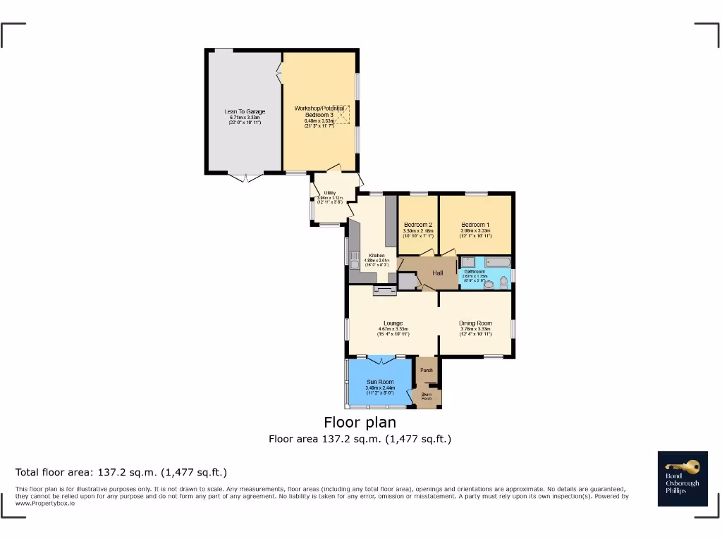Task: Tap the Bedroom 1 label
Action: tap(475, 225)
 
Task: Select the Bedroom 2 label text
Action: tap(417, 225)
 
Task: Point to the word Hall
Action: tap(438, 273)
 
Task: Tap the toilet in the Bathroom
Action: tap(503, 282)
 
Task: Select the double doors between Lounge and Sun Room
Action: tap(381, 360)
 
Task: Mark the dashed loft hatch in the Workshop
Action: tap(342, 114)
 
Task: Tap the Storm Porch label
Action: tap(426, 397)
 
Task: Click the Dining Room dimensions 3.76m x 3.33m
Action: tap(475, 329)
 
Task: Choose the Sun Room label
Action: tap(379, 382)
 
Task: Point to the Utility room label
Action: tap(329, 192)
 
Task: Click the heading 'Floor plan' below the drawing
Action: tap(360, 422)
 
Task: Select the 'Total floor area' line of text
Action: tap(121, 472)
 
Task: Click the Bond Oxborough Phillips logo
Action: tap(682, 478)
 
